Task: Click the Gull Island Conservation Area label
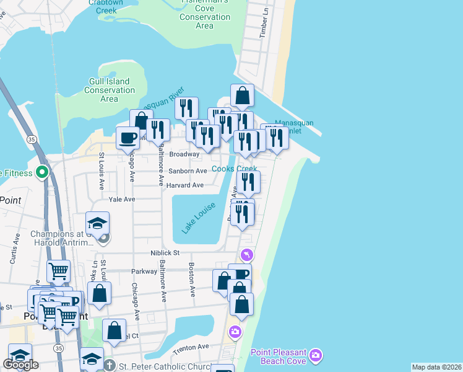[x=109, y=90]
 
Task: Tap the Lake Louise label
[x=199, y=218]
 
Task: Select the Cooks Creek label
[x=234, y=169]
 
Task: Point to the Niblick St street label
[x=165, y=253]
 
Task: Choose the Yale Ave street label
[x=121, y=200]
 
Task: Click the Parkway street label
[x=144, y=271]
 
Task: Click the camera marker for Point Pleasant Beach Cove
[x=316, y=355]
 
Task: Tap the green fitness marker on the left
[x=42, y=172]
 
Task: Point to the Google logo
[x=20, y=365]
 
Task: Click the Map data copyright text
[x=437, y=367]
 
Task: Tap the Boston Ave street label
[x=192, y=281]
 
